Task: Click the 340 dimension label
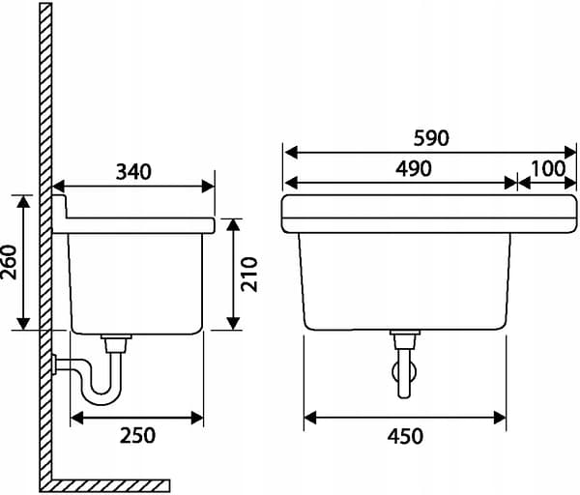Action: click(133, 172)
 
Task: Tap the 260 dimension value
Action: click(10, 262)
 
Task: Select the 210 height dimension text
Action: click(249, 275)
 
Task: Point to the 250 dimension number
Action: click(137, 435)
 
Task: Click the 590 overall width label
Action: click(431, 138)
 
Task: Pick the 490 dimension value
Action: click(413, 169)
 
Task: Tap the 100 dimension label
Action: click(548, 169)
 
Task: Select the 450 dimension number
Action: click(405, 436)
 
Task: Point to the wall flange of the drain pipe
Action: click(54, 364)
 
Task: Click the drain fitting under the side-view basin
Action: click(116, 343)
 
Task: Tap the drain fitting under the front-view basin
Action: click(405, 339)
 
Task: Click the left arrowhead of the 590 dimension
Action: click(291, 152)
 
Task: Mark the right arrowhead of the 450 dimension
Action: click(500, 418)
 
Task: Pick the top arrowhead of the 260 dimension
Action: click(23, 201)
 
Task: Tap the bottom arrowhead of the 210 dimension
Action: click(233, 323)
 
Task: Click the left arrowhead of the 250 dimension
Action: click(76, 418)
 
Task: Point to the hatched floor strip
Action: click(104, 485)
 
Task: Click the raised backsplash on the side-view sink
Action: click(59, 207)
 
